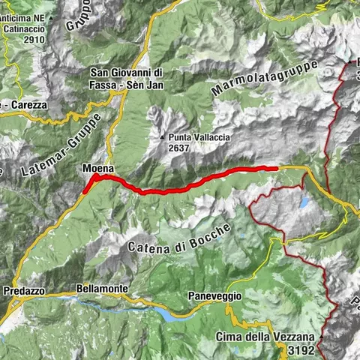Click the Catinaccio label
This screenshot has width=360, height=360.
pos(21,29)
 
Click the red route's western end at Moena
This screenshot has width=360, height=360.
pos(86,189)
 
